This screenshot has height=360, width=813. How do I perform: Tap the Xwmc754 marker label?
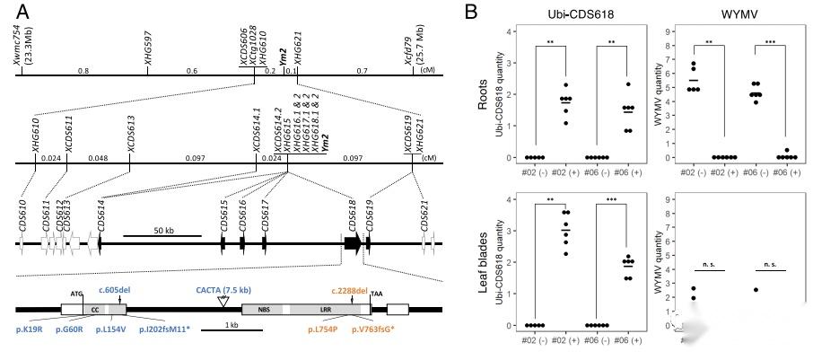[x=18, y=47]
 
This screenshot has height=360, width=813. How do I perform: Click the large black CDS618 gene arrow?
[x=353, y=242]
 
